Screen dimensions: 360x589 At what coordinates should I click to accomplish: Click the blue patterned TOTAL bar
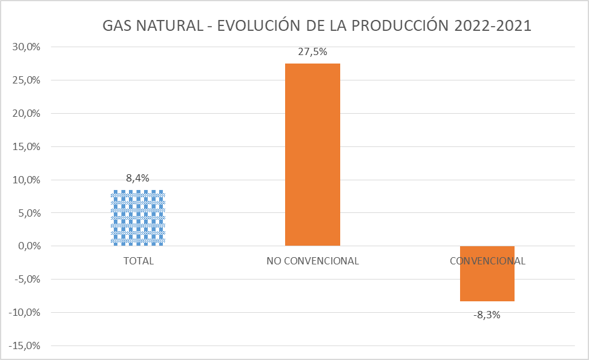point(138,218)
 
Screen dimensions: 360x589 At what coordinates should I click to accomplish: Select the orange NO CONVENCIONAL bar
point(312,154)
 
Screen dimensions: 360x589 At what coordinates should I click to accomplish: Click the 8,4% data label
point(138,178)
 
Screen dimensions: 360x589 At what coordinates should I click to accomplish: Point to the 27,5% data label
point(312,52)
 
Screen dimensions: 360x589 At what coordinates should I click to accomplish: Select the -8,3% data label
point(487,315)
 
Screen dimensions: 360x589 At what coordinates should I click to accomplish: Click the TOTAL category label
point(139,261)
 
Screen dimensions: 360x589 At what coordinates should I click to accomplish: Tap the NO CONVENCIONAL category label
point(312,261)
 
